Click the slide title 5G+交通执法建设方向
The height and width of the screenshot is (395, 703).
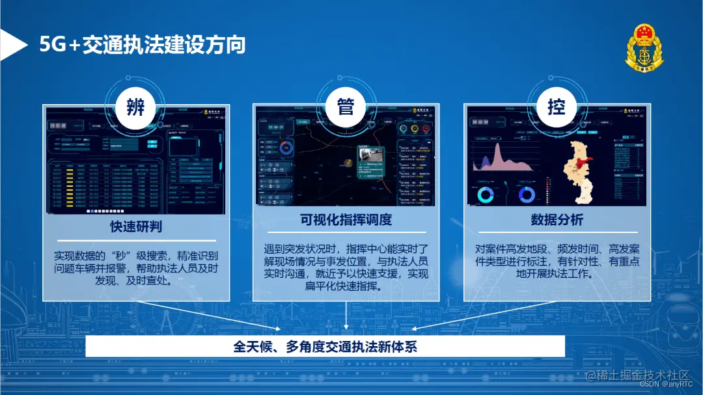[x=143, y=45]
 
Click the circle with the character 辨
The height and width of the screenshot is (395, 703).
[x=135, y=106]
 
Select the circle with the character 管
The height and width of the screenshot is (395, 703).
[x=346, y=106]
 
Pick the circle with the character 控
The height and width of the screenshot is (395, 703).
[x=556, y=106]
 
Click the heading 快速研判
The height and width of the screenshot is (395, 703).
[x=136, y=226]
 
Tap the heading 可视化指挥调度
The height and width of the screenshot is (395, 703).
[x=346, y=220]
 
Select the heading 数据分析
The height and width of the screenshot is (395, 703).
[x=557, y=220]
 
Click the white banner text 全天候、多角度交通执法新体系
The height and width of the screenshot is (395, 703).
[x=325, y=346]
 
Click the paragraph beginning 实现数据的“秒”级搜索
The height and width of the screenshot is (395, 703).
[x=136, y=268]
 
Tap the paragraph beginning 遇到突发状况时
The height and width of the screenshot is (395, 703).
[x=346, y=267]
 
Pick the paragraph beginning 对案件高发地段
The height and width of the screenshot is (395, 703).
[x=557, y=261]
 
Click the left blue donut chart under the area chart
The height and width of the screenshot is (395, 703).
[x=486, y=195]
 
